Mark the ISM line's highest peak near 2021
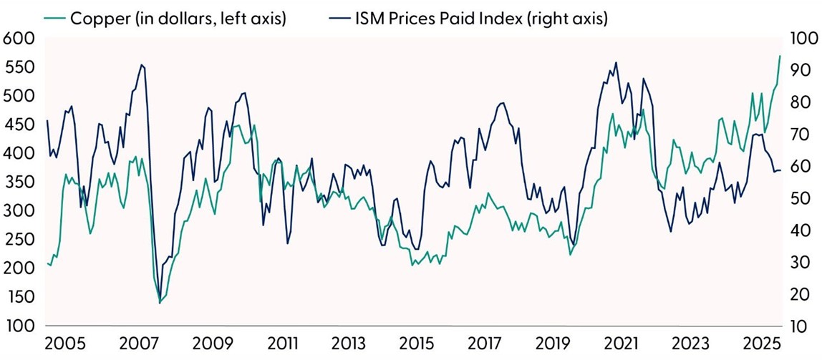click(616, 62)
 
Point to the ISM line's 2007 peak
click(142, 65)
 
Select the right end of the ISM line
click(780, 170)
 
